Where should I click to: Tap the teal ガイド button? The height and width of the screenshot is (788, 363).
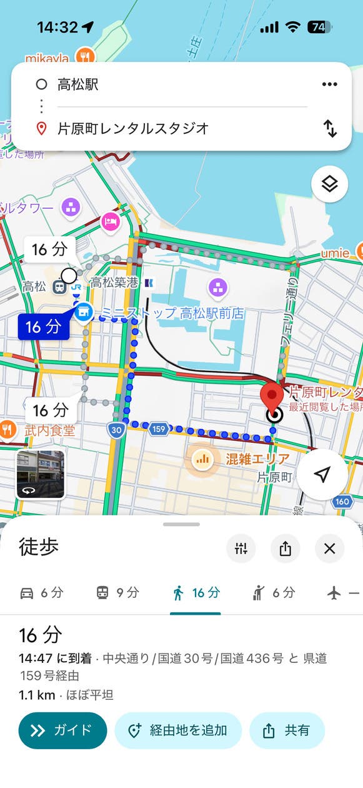click(x=62, y=730)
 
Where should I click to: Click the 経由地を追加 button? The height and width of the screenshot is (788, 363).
click(x=178, y=730)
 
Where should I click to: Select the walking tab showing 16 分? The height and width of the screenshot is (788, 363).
click(x=196, y=593)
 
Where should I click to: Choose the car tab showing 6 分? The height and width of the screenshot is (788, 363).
click(x=41, y=593)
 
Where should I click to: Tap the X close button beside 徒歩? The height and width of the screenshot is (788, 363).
click(x=330, y=548)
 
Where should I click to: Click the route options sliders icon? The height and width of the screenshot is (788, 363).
click(x=241, y=548)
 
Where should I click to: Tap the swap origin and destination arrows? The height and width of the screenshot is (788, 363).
click(x=330, y=128)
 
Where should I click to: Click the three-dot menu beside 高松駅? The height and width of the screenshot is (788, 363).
click(x=329, y=84)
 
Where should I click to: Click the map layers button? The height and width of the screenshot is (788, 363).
click(x=329, y=184)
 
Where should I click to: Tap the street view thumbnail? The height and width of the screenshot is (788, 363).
click(x=40, y=474)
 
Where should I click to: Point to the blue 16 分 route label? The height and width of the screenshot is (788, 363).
click(x=43, y=326)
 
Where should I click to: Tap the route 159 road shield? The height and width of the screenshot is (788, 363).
click(x=159, y=429)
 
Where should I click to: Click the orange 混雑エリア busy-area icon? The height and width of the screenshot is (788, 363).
click(x=201, y=460)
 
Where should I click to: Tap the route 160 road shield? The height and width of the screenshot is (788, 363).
click(x=342, y=502)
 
